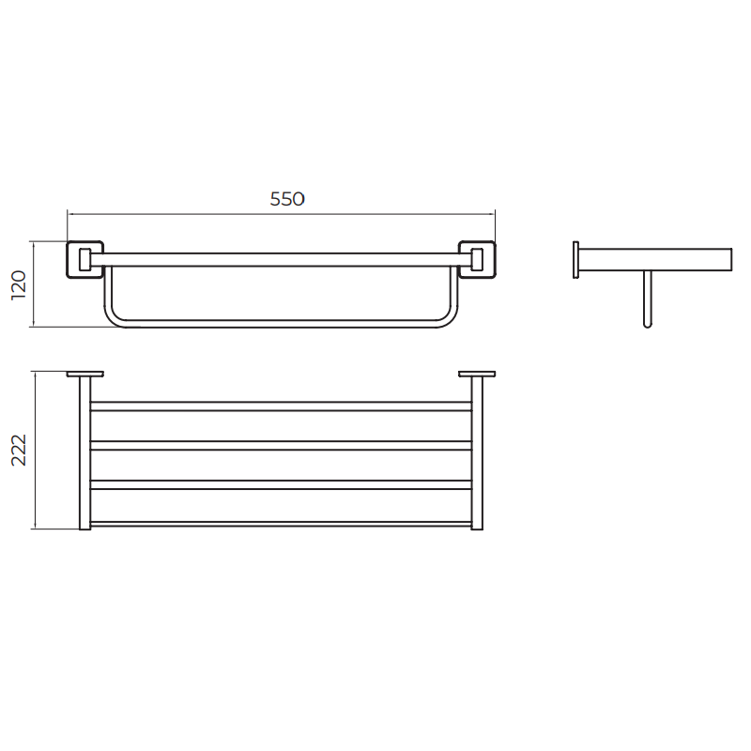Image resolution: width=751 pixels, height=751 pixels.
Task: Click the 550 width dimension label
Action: coord(287,199)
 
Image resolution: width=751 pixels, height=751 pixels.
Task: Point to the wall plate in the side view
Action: coord(575,260)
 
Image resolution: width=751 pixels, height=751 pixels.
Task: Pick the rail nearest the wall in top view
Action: coord(281,406)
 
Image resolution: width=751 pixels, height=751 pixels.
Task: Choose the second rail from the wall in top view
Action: coord(281,445)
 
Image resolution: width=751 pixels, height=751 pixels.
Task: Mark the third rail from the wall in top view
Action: coord(281,484)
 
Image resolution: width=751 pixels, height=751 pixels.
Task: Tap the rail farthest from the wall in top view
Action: coord(281,523)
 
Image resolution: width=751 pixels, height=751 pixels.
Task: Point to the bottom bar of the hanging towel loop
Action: coord(281,322)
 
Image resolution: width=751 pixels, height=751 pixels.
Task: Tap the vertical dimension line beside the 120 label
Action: coord(35,284)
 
